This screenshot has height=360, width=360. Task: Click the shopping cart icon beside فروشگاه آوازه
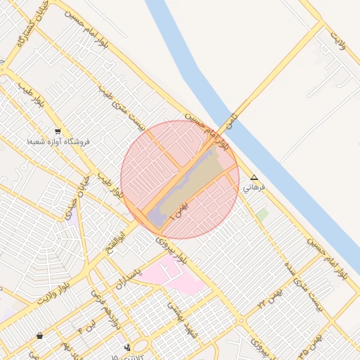(57, 131)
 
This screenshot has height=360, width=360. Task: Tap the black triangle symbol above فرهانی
(254, 177)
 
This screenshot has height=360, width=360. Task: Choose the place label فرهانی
(253, 188)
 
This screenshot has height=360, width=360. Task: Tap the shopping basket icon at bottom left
(39, 336)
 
